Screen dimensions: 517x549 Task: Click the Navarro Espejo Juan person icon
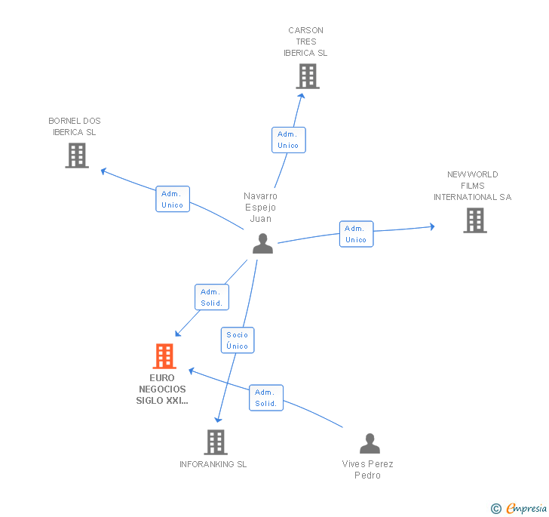click(262, 243)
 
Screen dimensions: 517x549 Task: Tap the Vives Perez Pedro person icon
click(370, 443)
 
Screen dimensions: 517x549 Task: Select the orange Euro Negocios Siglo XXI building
click(164, 356)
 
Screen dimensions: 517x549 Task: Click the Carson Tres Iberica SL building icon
click(307, 76)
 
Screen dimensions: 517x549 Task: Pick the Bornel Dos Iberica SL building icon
click(77, 155)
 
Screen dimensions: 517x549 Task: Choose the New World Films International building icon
click(474, 220)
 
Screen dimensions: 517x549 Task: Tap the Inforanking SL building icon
click(216, 442)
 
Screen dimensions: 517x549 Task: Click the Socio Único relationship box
click(237, 340)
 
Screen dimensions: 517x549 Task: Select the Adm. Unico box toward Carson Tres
click(288, 140)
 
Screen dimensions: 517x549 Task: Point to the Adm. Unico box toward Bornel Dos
click(173, 199)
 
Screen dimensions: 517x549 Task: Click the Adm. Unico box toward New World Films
click(356, 234)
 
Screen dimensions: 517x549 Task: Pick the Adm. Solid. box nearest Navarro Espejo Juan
click(211, 297)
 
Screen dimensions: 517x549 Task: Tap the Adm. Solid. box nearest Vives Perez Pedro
click(266, 398)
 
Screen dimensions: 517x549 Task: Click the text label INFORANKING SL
click(213, 464)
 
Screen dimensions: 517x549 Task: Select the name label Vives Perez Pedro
click(368, 469)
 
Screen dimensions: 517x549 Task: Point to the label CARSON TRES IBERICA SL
click(306, 42)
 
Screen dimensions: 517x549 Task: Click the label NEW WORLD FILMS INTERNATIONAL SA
click(473, 186)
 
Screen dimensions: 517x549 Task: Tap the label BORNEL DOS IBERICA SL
click(75, 126)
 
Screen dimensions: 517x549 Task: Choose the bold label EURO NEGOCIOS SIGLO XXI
click(162, 389)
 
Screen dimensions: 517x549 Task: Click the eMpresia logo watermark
click(519, 508)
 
